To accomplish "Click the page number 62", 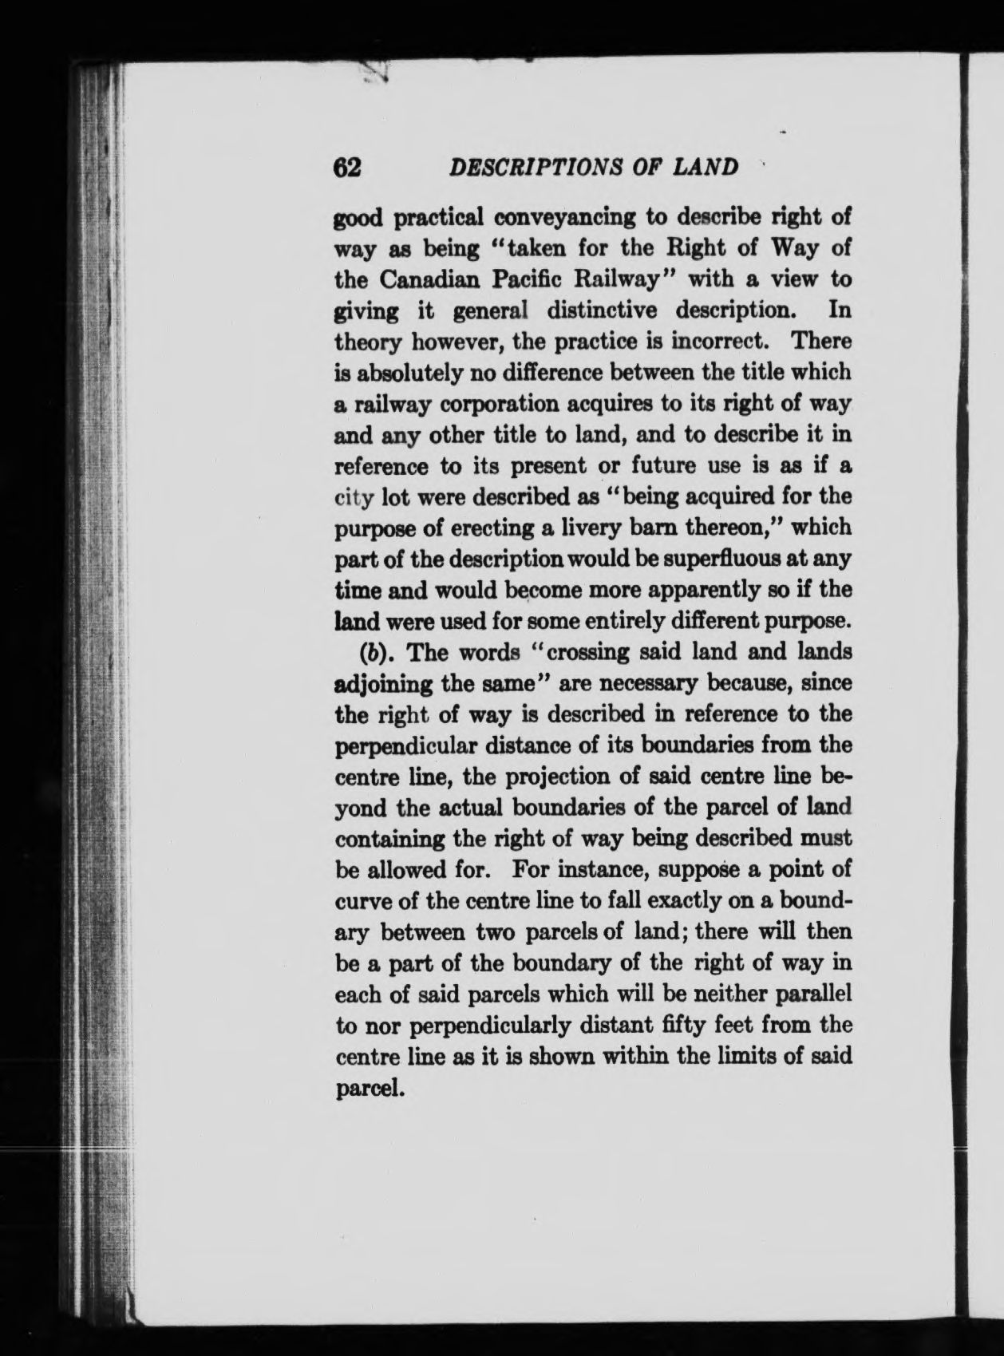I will point(348,167).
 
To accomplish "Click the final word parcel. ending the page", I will point(366,1088).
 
